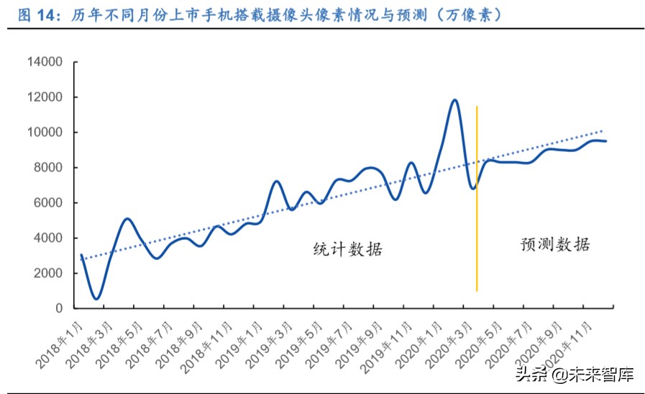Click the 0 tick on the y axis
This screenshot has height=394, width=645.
pos(60,308)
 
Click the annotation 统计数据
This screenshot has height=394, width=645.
pos(348,250)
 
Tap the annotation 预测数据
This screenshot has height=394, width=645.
pos(555,244)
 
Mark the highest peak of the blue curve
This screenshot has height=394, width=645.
pos(454,100)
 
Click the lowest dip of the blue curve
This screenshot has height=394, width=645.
pos(96,298)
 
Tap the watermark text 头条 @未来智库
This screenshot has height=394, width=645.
pos(573,375)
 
